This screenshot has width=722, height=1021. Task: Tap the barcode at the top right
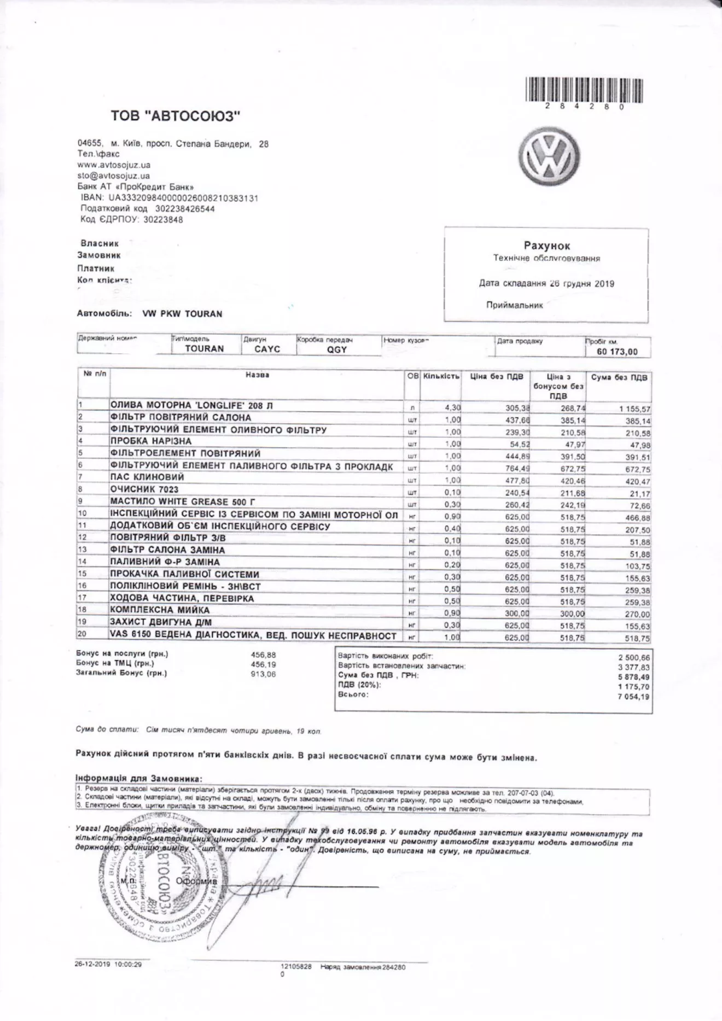pyautogui.click(x=584, y=90)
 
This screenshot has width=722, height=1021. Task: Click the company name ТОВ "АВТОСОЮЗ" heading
pyautogui.click(x=176, y=116)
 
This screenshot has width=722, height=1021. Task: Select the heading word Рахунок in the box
pyautogui.click(x=546, y=246)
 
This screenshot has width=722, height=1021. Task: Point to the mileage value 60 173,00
pyautogui.click(x=617, y=352)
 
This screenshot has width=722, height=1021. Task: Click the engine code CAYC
pyautogui.click(x=267, y=349)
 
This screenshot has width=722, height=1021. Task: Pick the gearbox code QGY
pyautogui.click(x=337, y=349)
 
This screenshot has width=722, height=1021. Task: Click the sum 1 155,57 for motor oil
pyautogui.click(x=634, y=409)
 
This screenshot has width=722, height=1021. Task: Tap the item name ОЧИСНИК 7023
pyautogui.click(x=144, y=489)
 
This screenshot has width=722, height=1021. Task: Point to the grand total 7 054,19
pyautogui.click(x=634, y=697)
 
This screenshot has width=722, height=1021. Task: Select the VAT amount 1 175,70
pyautogui.click(x=634, y=687)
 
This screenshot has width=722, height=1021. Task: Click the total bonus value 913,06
pyautogui.click(x=263, y=674)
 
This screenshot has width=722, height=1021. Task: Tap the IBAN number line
pyautogui.click(x=169, y=197)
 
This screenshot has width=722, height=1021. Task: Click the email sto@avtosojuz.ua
pyautogui.click(x=113, y=176)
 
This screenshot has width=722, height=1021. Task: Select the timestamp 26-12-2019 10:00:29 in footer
pyautogui.click(x=108, y=965)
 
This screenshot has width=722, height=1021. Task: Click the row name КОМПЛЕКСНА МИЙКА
pyautogui.click(x=160, y=610)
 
